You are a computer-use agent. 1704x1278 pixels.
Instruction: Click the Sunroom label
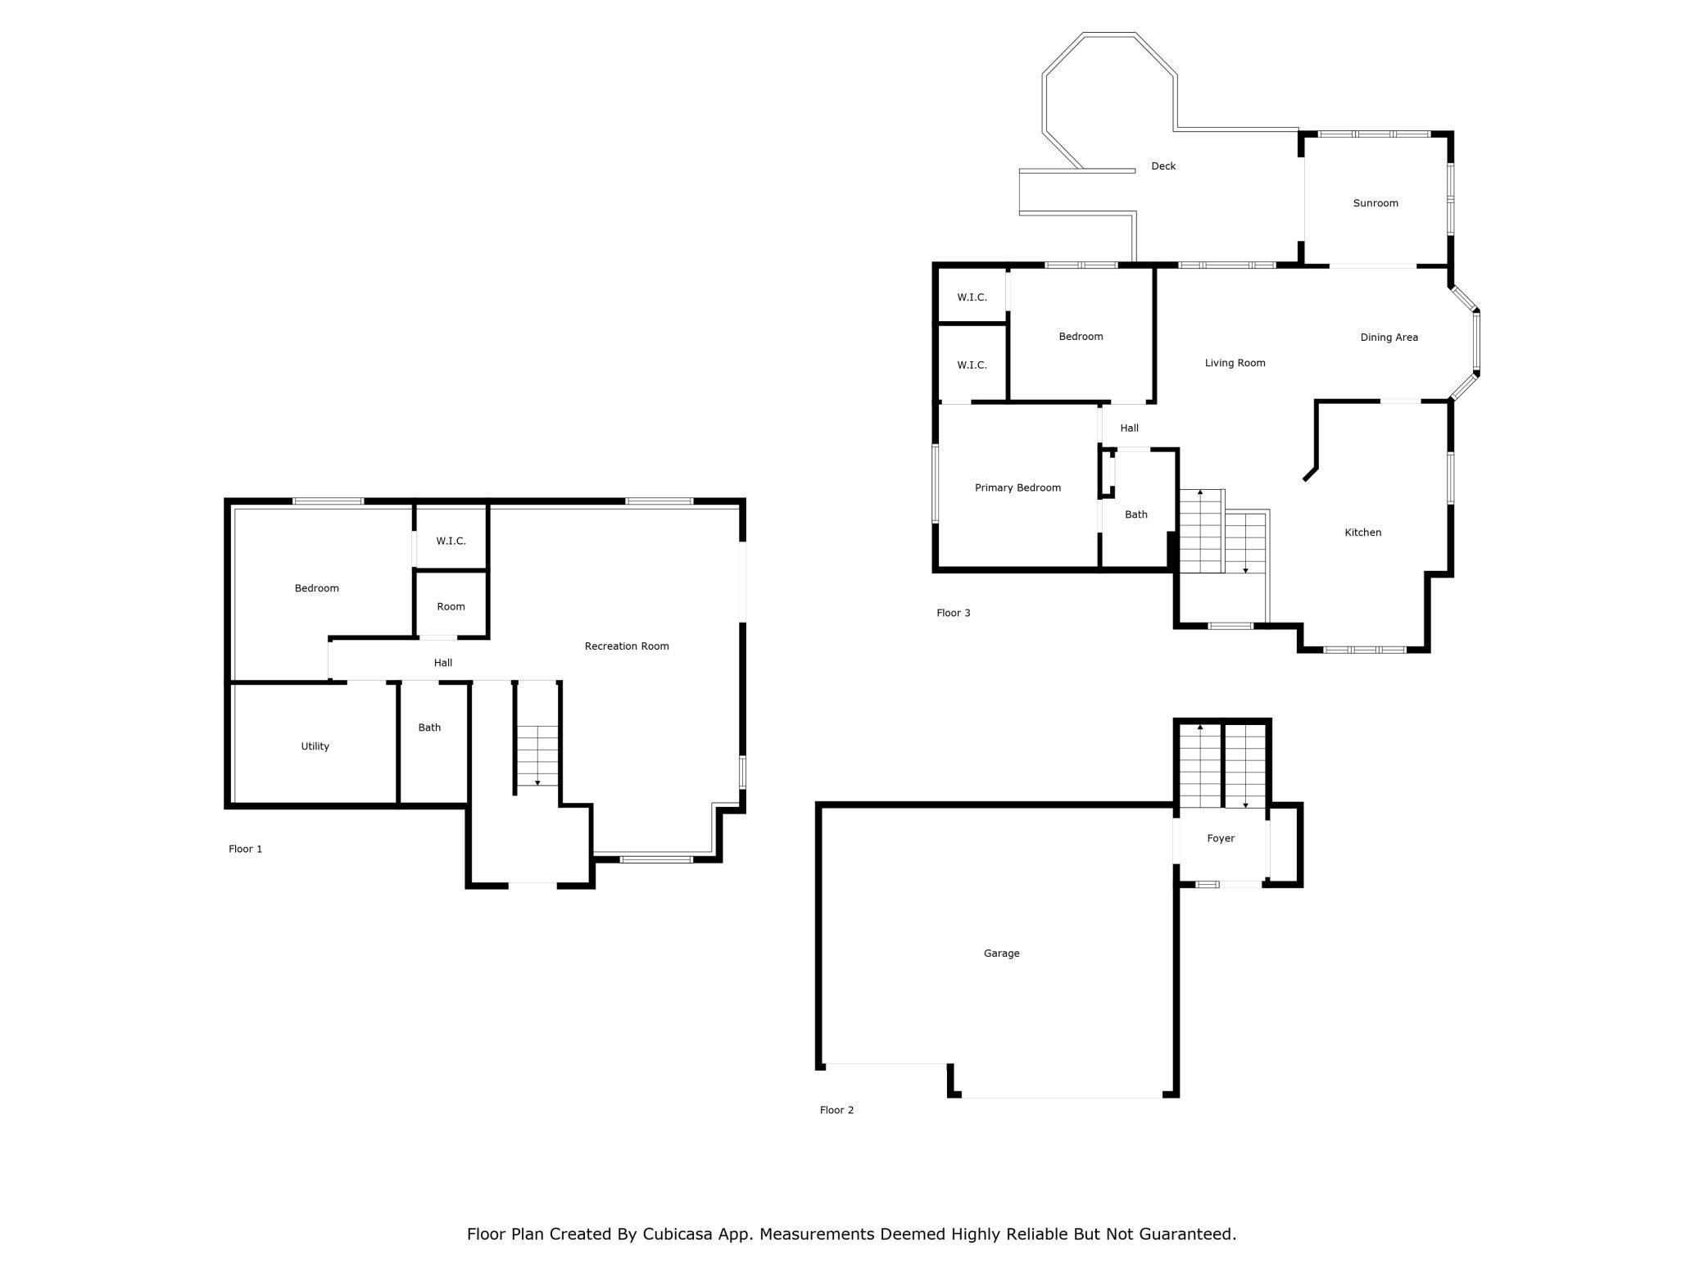(1375, 203)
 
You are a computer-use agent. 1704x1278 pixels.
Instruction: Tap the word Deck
(1162, 166)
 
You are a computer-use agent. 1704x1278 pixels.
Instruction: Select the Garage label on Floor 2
(1001, 954)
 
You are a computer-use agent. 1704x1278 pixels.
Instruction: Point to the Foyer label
(1220, 839)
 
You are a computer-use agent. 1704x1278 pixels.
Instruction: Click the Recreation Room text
(627, 646)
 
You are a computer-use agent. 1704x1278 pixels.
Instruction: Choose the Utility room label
(315, 746)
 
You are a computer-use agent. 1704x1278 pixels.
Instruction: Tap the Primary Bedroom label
(1017, 488)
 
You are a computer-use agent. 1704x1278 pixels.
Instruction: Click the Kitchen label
(1362, 532)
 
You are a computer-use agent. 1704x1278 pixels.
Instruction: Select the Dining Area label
(1389, 338)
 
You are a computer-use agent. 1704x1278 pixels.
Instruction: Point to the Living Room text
(1235, 363)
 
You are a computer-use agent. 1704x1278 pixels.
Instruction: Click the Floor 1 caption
(245, 850)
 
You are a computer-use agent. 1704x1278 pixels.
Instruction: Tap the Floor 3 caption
(953, 614)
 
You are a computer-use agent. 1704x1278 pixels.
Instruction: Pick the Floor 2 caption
(836, 1111)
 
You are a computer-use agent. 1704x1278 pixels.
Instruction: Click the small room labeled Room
(451, 607)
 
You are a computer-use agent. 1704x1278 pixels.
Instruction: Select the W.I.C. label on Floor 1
(451, 542)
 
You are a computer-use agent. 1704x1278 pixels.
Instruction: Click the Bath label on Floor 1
(429, 727)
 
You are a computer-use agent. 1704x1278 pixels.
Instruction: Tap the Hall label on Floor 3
(1129, 428)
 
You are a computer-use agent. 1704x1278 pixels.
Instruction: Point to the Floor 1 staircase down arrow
(537, 782)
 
